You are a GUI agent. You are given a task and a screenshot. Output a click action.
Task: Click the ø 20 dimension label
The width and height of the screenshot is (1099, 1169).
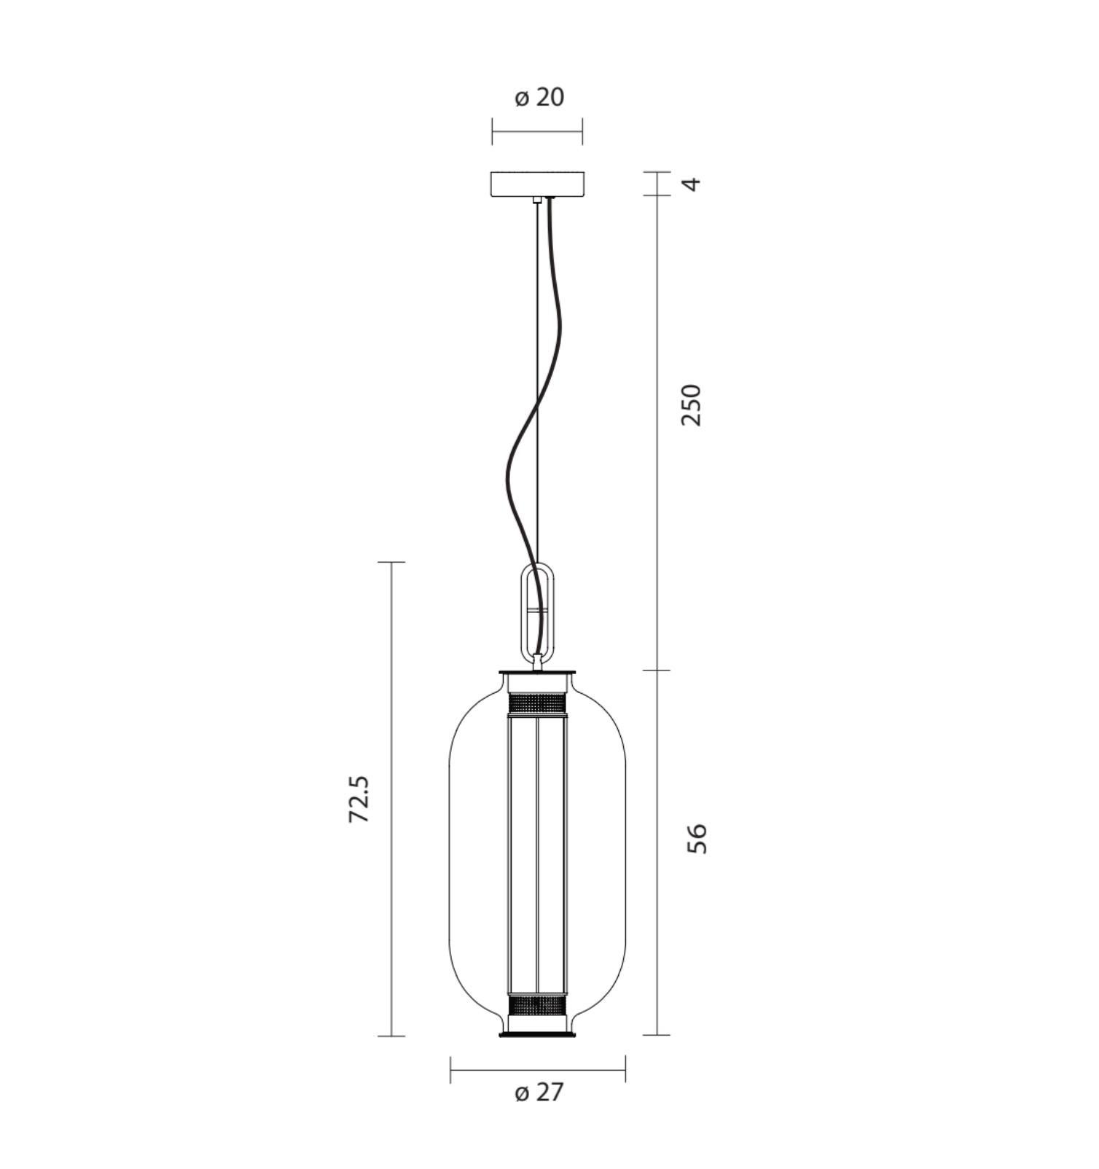click(x=539, y=97)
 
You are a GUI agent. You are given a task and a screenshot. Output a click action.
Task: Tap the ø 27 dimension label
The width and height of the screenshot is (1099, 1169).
click(x=539, y=1092)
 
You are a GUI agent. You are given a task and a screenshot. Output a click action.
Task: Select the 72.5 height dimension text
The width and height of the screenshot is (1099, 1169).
click(x=359, y=799)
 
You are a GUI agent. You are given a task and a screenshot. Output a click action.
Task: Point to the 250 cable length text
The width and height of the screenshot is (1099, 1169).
click(x=690, y=405)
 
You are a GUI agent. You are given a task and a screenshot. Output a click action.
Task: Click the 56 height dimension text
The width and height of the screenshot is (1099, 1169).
click(x=697, y=838)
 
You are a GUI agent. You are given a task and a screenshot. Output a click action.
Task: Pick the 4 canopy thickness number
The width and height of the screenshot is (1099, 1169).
click(x=694, y=183)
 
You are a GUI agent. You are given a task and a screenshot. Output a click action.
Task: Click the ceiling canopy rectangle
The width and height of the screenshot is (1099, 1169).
click(x=537, y=184)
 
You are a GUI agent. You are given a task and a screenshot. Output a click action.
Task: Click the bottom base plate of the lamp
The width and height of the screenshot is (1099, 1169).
click(x=537, y=1033)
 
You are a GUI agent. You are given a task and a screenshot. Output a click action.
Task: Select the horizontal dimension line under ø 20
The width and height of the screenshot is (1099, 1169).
click(x=537, y=132)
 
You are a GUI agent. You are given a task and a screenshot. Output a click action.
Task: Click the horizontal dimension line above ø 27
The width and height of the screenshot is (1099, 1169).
click(x=537, y=1070)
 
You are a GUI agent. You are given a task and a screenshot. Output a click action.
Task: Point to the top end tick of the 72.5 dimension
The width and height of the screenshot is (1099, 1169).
click(x=392, y=563)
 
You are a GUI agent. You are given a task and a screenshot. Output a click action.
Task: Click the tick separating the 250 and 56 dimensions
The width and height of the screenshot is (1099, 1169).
click(x=657, y=670)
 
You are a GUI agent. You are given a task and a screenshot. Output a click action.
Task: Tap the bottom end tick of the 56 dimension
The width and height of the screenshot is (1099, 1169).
click(x=657, y=1035)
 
